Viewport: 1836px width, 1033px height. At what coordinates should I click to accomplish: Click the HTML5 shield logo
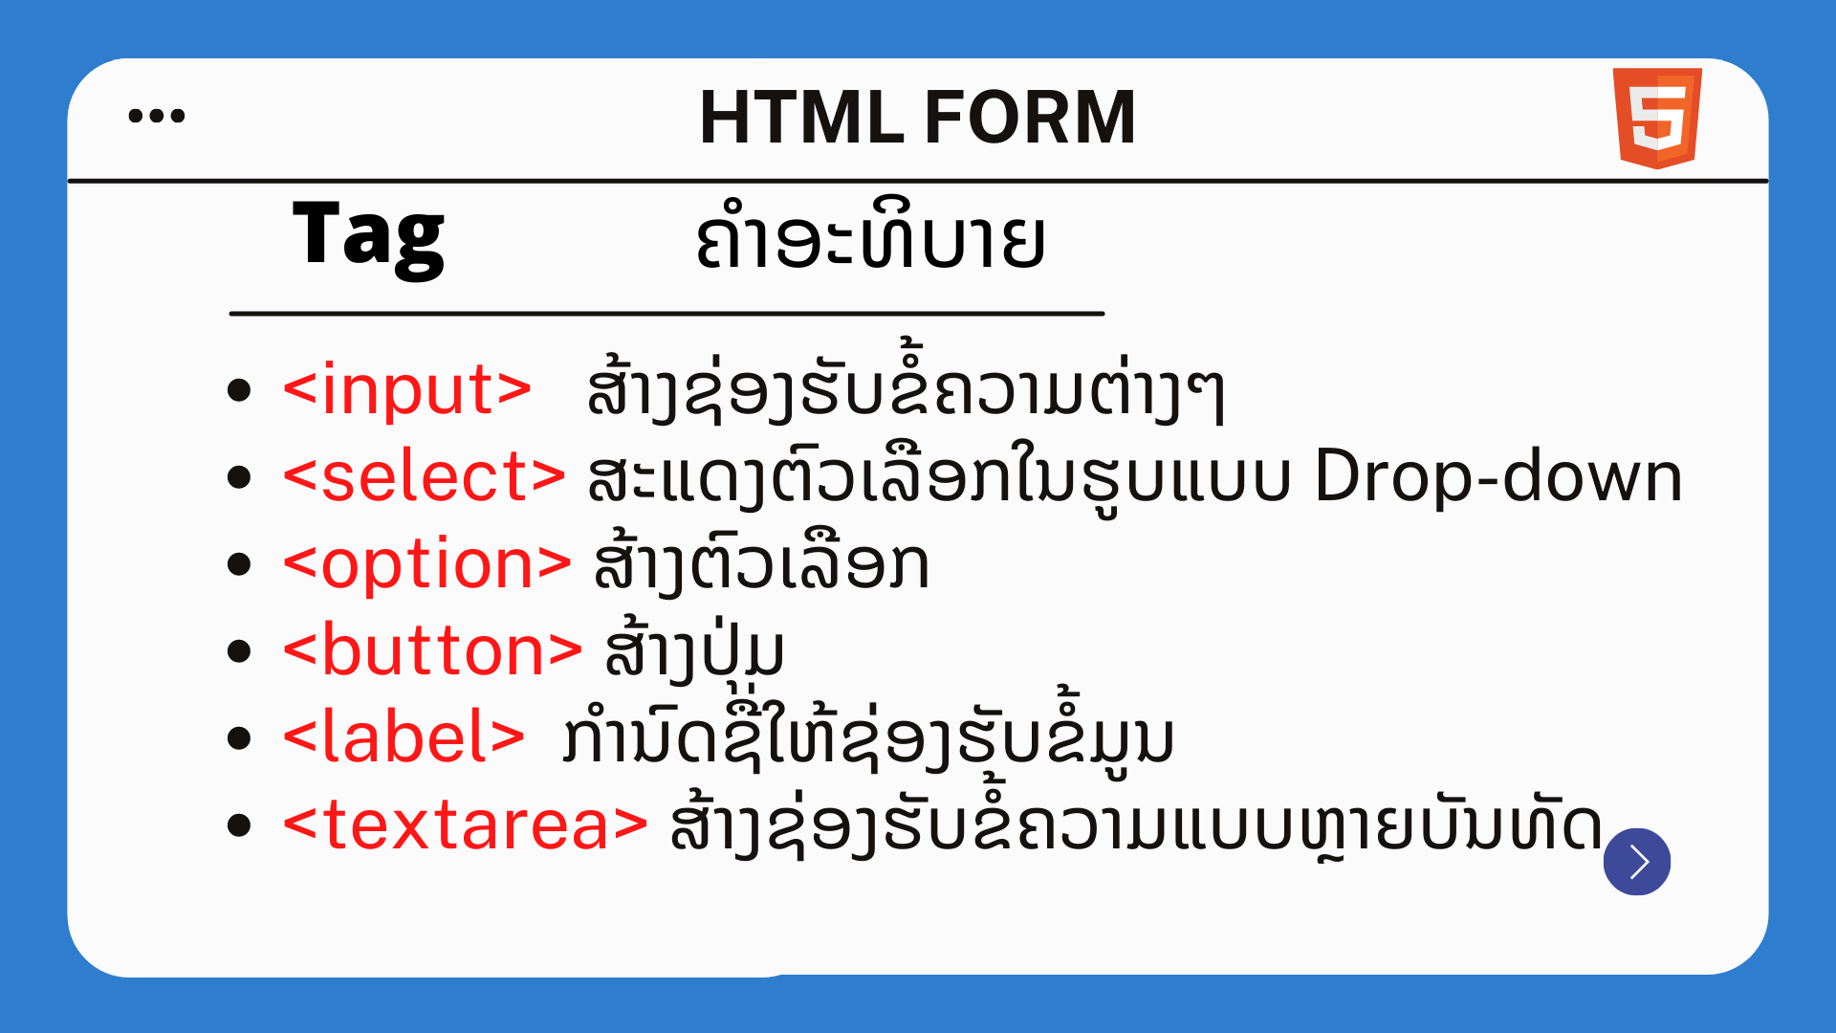(x=1657, y=118)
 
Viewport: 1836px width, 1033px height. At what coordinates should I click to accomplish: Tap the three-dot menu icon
(x=157, y=116)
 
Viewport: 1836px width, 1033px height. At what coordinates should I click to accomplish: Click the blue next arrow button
(x=1637, y=862)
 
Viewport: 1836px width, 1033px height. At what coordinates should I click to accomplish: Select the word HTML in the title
(x=801, y=117)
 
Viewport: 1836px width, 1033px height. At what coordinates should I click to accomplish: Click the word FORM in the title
(x=1030, y=117)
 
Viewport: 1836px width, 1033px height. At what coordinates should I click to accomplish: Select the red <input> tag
(x=407, y=389)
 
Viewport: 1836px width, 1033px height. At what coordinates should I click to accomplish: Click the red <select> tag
(x=425, y=475)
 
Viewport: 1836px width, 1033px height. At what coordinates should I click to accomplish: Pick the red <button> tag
(x=432, y=650)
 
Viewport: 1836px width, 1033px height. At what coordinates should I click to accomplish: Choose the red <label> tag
(x=404, y=736)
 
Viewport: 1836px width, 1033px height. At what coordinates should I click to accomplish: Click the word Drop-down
(x=1498, y=477)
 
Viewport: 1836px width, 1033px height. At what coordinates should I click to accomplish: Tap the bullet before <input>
(x=239, y=390)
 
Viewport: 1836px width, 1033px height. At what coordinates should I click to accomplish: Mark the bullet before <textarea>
(x=239, y=825)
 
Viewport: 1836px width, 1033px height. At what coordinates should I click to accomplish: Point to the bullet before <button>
(x=239, y=651)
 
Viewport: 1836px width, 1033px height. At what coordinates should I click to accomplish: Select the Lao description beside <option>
(x=761, y=562)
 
